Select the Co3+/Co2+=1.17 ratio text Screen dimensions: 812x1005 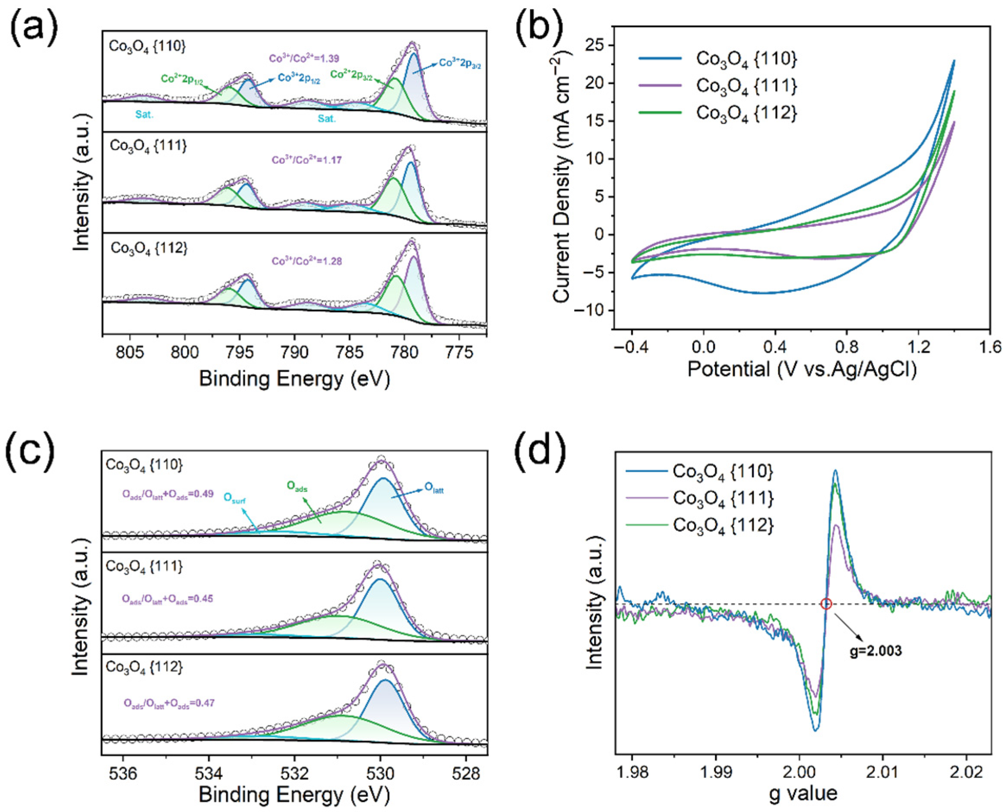coord(307,160)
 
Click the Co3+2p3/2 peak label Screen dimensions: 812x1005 coord(460,64)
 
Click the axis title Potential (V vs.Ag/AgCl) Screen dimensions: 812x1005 coord(802,370)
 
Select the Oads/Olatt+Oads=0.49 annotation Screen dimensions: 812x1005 coord(168,494)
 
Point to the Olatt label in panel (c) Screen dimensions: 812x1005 coord(433,489)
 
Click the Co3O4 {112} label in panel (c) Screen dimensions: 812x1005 coord(144,667)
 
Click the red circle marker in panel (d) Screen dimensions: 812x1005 coord(826,604)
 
